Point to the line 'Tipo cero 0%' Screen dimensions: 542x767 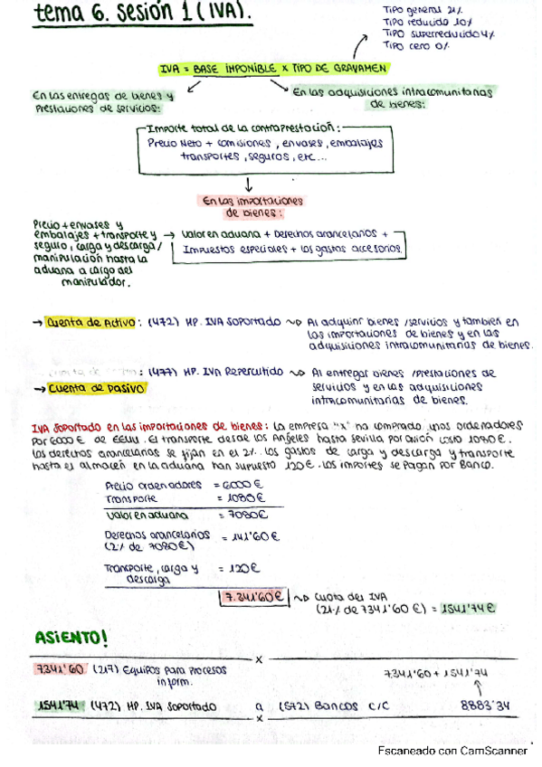click(x=417, y=43)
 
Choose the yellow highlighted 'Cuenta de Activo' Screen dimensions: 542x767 click(x=90, y=321)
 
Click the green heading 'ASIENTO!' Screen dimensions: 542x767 click(x=71, y=639)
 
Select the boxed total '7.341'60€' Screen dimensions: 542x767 click(x=252, y=597)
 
